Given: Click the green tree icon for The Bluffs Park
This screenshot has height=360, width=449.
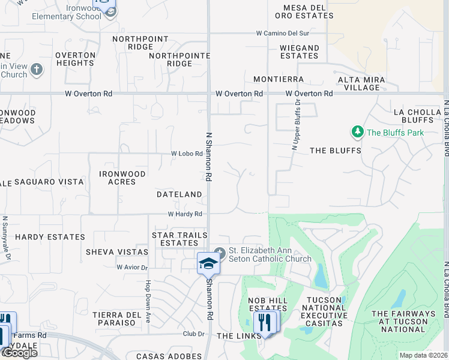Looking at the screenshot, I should click(357, 131).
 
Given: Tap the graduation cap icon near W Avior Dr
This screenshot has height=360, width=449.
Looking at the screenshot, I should click(208, 263).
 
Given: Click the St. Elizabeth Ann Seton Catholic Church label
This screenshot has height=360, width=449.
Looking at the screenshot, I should click(270, 255).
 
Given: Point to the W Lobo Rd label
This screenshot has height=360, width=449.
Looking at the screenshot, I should click(187, 154).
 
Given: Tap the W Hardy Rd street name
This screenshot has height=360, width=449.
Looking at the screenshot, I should click(184, 214).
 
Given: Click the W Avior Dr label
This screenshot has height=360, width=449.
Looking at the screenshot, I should click(133, 267).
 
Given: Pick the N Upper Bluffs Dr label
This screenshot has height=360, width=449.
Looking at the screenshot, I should click(295, 125).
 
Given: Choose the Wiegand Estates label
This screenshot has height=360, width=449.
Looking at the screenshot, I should click(299, 52).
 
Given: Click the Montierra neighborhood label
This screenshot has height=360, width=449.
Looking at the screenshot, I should click(279, 79).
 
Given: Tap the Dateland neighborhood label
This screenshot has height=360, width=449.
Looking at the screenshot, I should click(179, 194).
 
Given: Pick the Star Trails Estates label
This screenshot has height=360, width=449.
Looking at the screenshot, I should click(179, 239).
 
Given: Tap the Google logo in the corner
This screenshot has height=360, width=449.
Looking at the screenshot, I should click(20, 353).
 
